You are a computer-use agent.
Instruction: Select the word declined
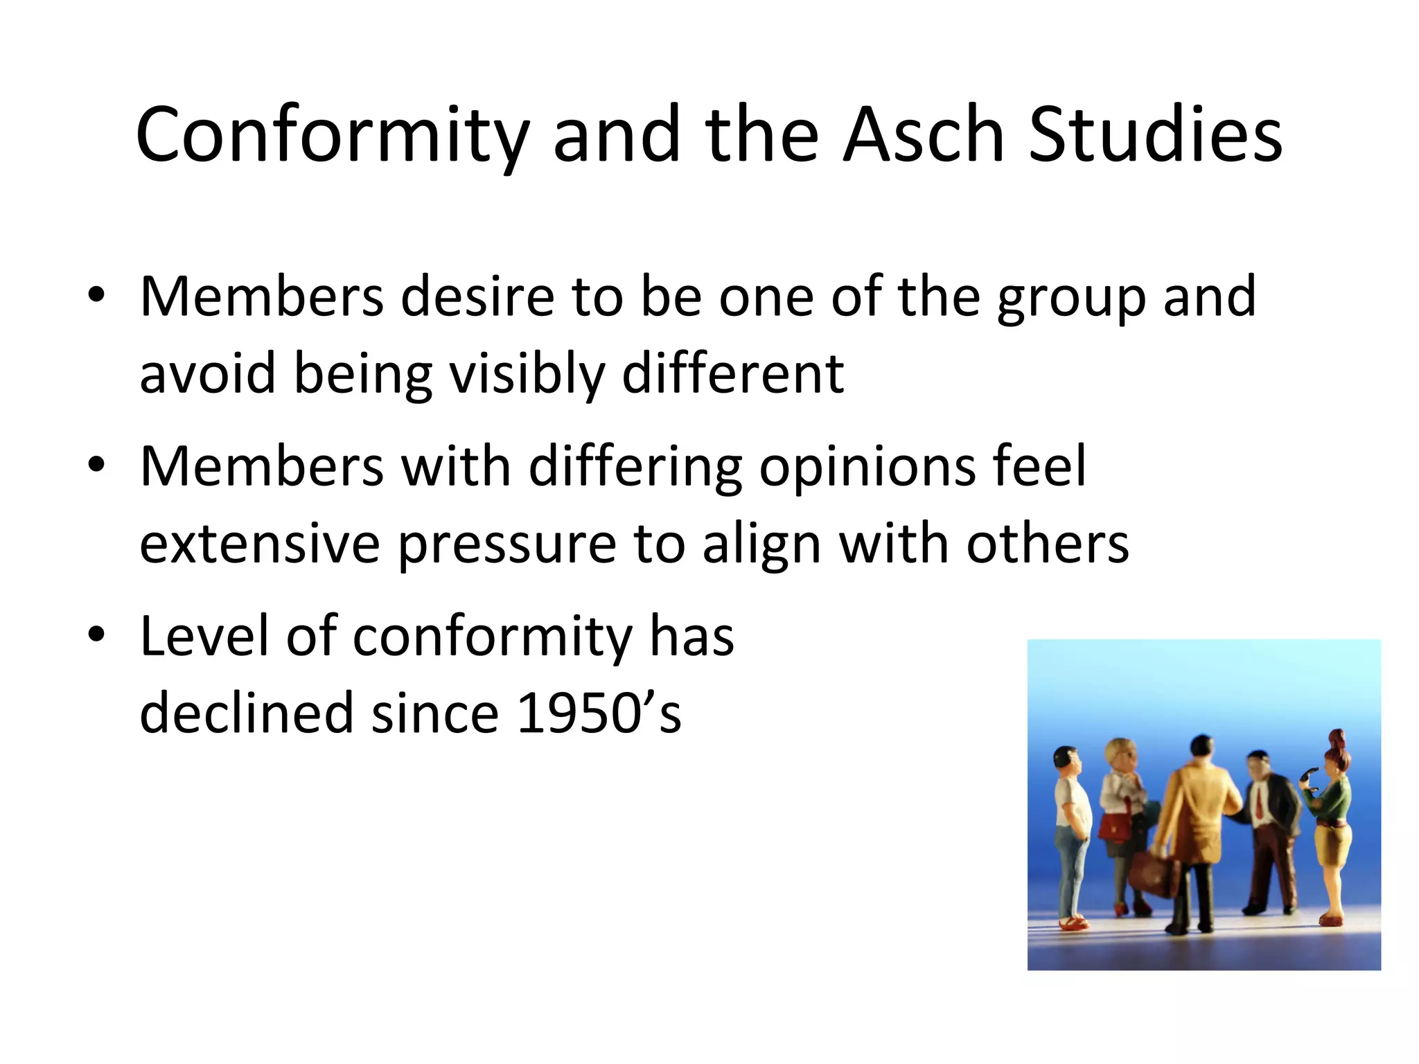click(247, 713)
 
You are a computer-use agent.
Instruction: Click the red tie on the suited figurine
click(1258, 804)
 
